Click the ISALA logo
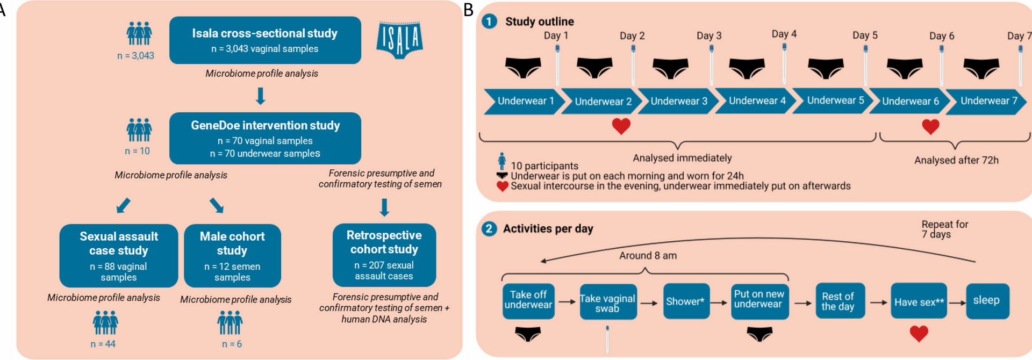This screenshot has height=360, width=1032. (399, 40)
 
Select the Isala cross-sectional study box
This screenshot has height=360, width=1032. (265, 40)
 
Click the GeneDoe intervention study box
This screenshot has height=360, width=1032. (265, 138)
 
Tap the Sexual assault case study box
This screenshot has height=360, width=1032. (119, 256)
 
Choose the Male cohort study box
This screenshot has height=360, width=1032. (232, 256)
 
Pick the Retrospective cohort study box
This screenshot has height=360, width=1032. (384, 255)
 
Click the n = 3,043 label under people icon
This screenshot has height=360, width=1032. (136, 56)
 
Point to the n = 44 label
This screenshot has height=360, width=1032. (103, 344)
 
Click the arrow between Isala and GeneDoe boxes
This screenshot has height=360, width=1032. (261, 96)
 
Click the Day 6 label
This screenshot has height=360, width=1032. (942, 36)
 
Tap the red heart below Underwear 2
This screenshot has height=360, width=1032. (621, 126)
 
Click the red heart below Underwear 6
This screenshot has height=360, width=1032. (930, 127)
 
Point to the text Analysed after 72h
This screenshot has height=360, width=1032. (956, 160)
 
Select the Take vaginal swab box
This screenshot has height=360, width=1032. (607, 302)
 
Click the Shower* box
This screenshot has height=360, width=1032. (686, 301)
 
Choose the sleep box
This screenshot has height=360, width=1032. (987, 301)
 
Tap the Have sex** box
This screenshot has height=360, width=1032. (919, 301)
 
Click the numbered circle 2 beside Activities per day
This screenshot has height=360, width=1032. (489, 229)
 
